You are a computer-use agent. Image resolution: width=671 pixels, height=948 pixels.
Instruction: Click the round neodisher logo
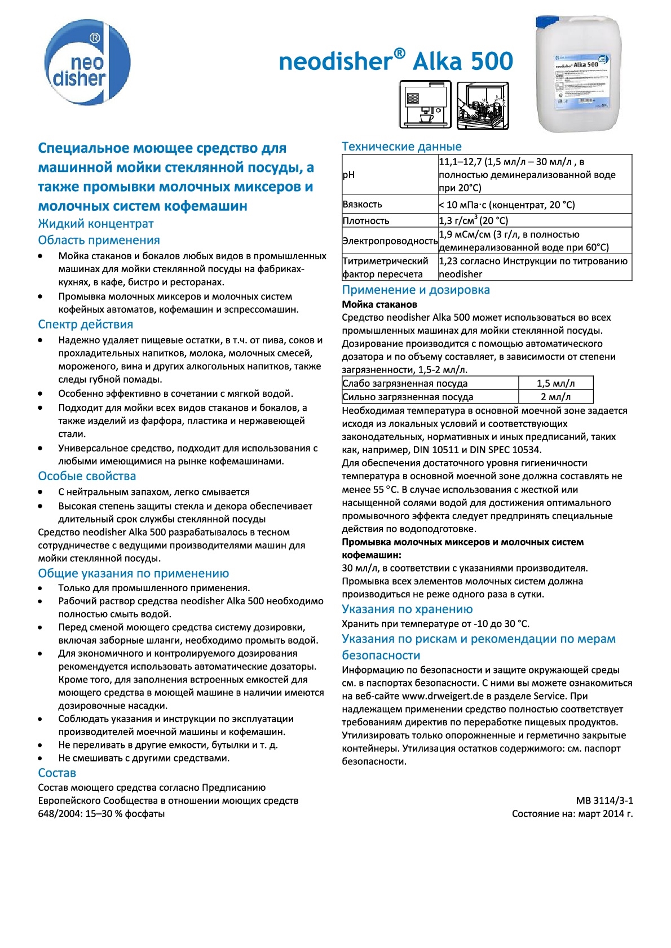tap(87, 62)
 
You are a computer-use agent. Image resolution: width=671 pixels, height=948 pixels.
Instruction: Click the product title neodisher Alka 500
tap(396, 61)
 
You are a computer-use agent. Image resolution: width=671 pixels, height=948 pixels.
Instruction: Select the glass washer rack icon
tap(482, 104)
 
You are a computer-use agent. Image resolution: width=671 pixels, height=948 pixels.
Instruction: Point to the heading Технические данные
tap(401, 147)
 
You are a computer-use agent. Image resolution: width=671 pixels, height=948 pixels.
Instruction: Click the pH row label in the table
tap(348, 175)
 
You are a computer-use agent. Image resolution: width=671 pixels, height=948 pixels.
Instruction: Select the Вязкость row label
tap(362, 204)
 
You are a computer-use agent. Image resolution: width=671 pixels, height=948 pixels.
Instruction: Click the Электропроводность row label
tap(390, 241)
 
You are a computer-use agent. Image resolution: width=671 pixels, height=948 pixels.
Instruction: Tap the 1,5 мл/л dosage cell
tap(555, 383)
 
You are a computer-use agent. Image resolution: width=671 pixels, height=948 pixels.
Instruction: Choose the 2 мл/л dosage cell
tap(555, 397)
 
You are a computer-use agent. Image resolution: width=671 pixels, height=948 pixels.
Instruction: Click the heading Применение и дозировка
tap(416, 290)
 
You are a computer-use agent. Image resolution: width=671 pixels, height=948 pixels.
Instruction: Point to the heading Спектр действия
tap(86, 325)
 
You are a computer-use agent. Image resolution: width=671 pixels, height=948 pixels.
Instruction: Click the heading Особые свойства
tap(87, 476)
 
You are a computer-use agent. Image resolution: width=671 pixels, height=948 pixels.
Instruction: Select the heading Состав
tap(57, 773)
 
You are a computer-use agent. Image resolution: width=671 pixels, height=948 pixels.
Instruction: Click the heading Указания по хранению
tap(407, 609)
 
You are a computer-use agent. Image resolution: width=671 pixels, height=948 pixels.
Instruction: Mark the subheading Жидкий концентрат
tap(96, 224)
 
